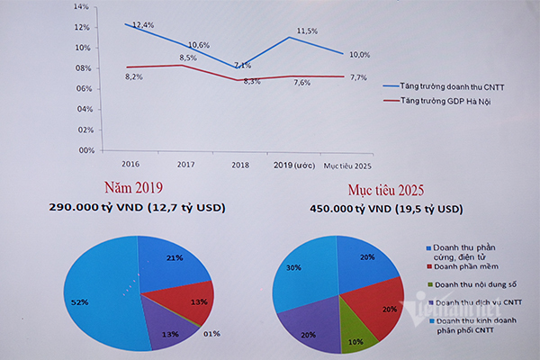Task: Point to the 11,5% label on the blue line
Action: (307, 31)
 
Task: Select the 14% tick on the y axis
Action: (82, 6)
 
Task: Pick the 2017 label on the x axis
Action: (186, 165)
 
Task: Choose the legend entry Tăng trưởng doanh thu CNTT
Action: (445, 85)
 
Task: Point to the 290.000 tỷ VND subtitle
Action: (137, 208)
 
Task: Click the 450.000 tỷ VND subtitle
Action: (389, 209)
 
